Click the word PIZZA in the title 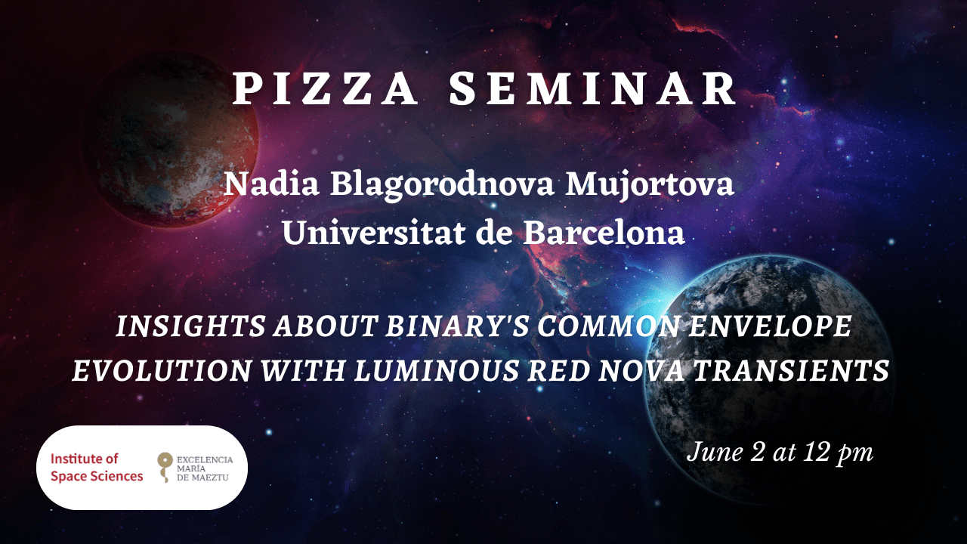(325, 89)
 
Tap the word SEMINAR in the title (593, 89)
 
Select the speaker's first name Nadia (271, 184)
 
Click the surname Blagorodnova (443, 186)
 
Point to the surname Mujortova (650, 185)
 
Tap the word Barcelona (604, 233)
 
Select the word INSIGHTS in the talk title (190, 326)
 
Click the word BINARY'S (456, 326)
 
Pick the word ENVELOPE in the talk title (770, 326)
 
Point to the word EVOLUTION (162, 370)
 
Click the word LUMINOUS (436, 370)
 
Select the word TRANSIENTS (791, 370)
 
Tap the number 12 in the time (817, 452)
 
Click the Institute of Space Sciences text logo (97, 467)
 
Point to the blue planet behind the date (768, 380)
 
